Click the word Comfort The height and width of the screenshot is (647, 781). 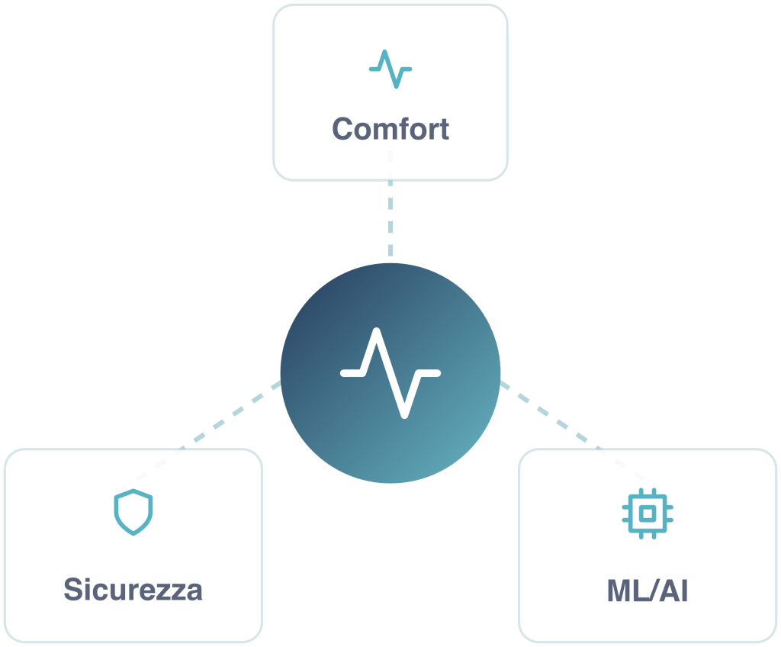390,128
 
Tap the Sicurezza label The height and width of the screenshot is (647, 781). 133,590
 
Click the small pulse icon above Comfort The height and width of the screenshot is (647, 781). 390,69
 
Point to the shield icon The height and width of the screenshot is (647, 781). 133,511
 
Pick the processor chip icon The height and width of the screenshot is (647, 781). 648,513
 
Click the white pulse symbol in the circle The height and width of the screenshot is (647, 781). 390,373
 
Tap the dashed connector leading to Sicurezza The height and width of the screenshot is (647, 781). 229,416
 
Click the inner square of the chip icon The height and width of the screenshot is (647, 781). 648,513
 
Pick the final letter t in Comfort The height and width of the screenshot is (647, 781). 443,129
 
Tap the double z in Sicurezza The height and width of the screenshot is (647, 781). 171,591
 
